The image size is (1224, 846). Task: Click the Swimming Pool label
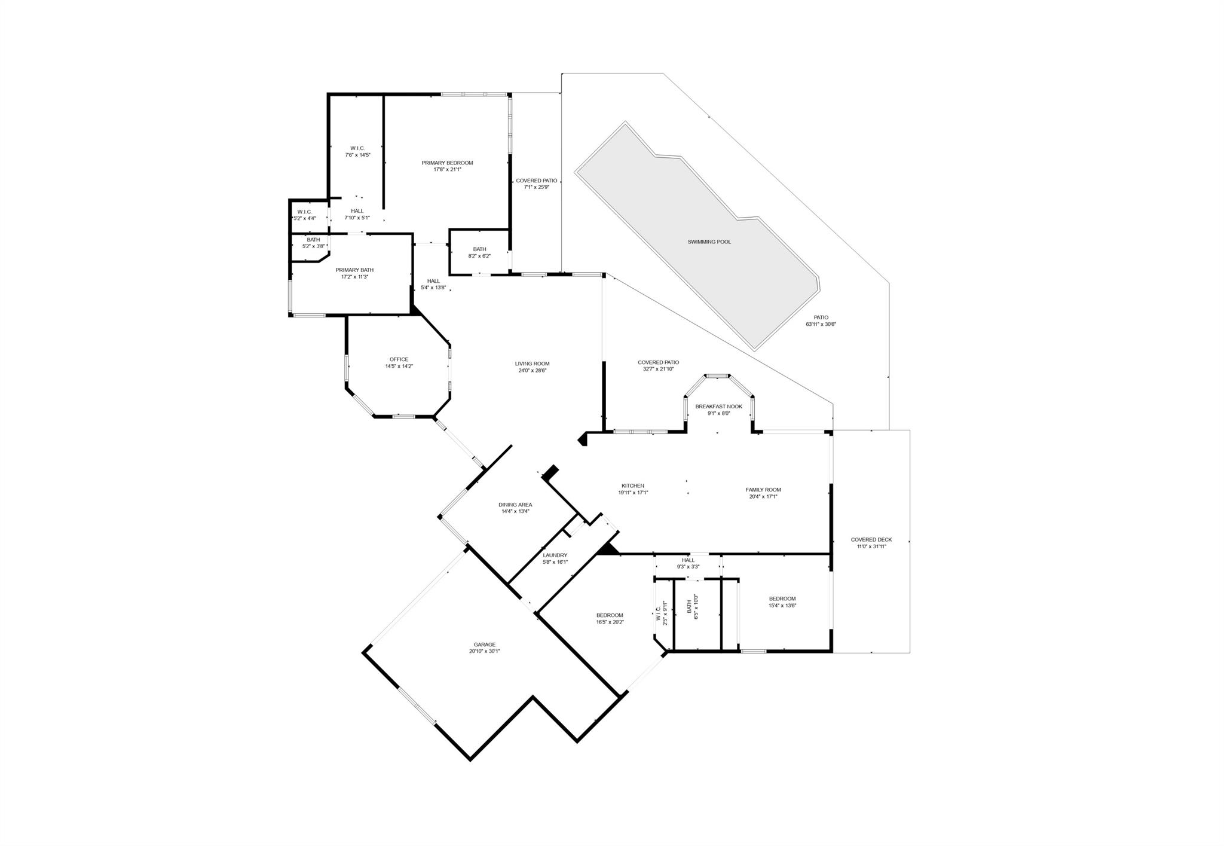tap(709, 242)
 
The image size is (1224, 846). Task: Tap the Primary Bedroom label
tap(447, 163)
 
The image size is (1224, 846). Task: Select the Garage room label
tap(484, 645)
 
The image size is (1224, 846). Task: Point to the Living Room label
tap(532, 364)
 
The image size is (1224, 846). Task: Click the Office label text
tap(399, 359)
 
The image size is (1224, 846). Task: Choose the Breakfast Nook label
tap(718, 407)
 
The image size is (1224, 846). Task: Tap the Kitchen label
tap(633, 486)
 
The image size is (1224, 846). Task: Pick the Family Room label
tap(763, 490)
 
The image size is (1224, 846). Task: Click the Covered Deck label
tap(871, 540)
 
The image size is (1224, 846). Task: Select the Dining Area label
tap(515, 505)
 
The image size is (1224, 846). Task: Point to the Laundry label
tap(555, 555)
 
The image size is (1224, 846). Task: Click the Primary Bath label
tap(354, 270)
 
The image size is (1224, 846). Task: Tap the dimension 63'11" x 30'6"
tap(821, 325)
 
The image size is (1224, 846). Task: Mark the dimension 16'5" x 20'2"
tap(610, 622)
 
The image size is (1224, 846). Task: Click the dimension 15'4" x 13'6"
tap(782, 605)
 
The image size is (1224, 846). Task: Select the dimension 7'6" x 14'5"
tap(357, 155)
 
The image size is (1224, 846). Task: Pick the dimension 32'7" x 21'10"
tap(658, 369)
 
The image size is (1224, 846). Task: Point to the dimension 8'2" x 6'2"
tap(479, 256)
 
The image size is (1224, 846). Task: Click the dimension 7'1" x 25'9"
tap(536, 187)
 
